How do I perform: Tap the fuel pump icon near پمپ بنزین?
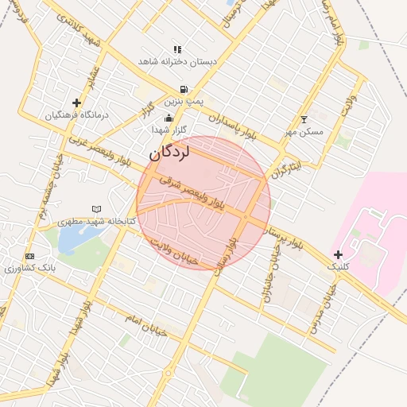point(184,90)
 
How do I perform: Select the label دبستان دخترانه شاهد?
point(177,61)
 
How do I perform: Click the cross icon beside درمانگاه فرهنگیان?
point(76,103)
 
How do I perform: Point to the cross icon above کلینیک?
point(339,254)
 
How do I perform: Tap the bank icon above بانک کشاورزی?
point(30,256)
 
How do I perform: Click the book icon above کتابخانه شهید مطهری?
point(97,208)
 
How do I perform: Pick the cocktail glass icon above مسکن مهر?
point(303,119)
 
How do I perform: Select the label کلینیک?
point(339,269)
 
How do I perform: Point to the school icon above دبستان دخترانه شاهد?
point(177,49)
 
